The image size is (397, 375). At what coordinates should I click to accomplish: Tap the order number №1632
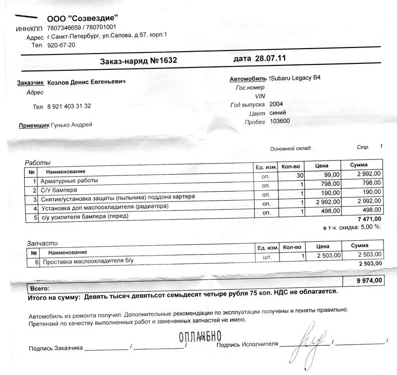point(164,61)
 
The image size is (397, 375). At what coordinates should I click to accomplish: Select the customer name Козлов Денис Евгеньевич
point(86,82)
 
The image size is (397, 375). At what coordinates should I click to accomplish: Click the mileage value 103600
point(280,121)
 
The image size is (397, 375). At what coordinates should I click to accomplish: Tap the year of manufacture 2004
point(276,105)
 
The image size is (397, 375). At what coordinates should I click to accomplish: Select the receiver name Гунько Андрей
point(71,125)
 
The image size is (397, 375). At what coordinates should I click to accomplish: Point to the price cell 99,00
point(332,175)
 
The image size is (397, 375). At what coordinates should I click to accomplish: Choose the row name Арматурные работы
point(69,181)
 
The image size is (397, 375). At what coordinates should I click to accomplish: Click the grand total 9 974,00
point(369,280)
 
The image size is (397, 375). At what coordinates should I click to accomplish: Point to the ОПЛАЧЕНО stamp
point(199,337)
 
